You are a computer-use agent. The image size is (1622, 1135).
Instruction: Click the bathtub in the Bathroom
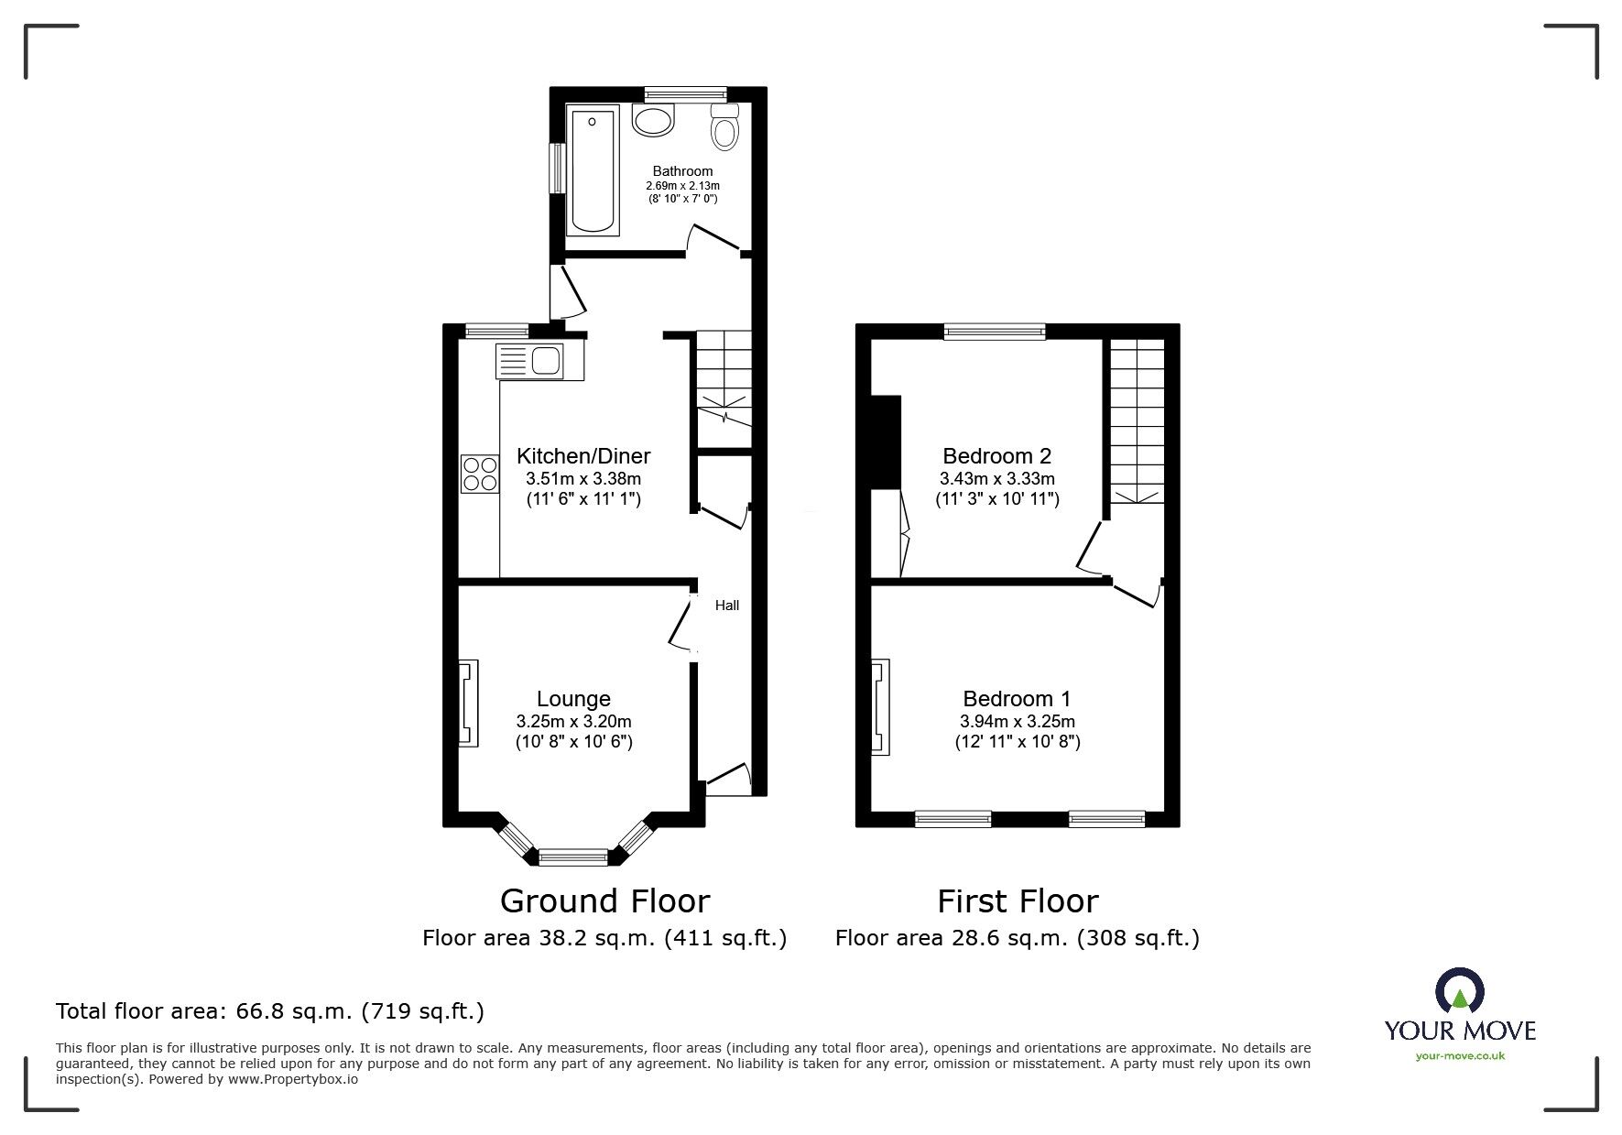click(x=593, y=169)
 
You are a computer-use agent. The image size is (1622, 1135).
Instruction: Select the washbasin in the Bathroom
click(x=653, y=120)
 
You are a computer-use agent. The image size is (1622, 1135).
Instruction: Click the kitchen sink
click(x=539, y=361)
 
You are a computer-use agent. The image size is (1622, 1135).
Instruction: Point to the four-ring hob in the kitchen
click(x=480, y=474)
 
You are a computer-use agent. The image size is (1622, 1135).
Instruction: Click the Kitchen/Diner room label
click(x=583, y=456)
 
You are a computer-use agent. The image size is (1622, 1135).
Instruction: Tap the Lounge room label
click(x=573, y=699)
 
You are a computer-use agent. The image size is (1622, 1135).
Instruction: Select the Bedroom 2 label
click(x=996, y=456)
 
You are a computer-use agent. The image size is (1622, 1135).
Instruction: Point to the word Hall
click(x=727, y=606)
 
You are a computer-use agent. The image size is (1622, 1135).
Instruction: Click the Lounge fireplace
click(x=468, y=704)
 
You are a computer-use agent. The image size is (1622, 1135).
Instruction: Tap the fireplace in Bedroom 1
click(x=880, y=707)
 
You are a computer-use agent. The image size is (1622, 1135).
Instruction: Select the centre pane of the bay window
click(x=573, y=857)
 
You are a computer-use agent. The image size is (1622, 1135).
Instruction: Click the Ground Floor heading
click(x=604, y=901)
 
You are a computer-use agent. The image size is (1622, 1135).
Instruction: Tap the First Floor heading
click(x=1017, y=901)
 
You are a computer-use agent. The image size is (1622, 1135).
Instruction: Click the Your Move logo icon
click(x=1460, y=989)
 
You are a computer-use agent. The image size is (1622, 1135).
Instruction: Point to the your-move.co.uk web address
click(x=1460, y=1056)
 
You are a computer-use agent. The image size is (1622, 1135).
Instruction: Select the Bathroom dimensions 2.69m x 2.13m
click(x=682, y=185)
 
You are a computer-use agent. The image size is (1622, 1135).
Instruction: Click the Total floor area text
click(x=270, y=1011)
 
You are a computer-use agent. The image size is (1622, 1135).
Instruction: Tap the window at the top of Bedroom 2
click(x=995, y=332)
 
